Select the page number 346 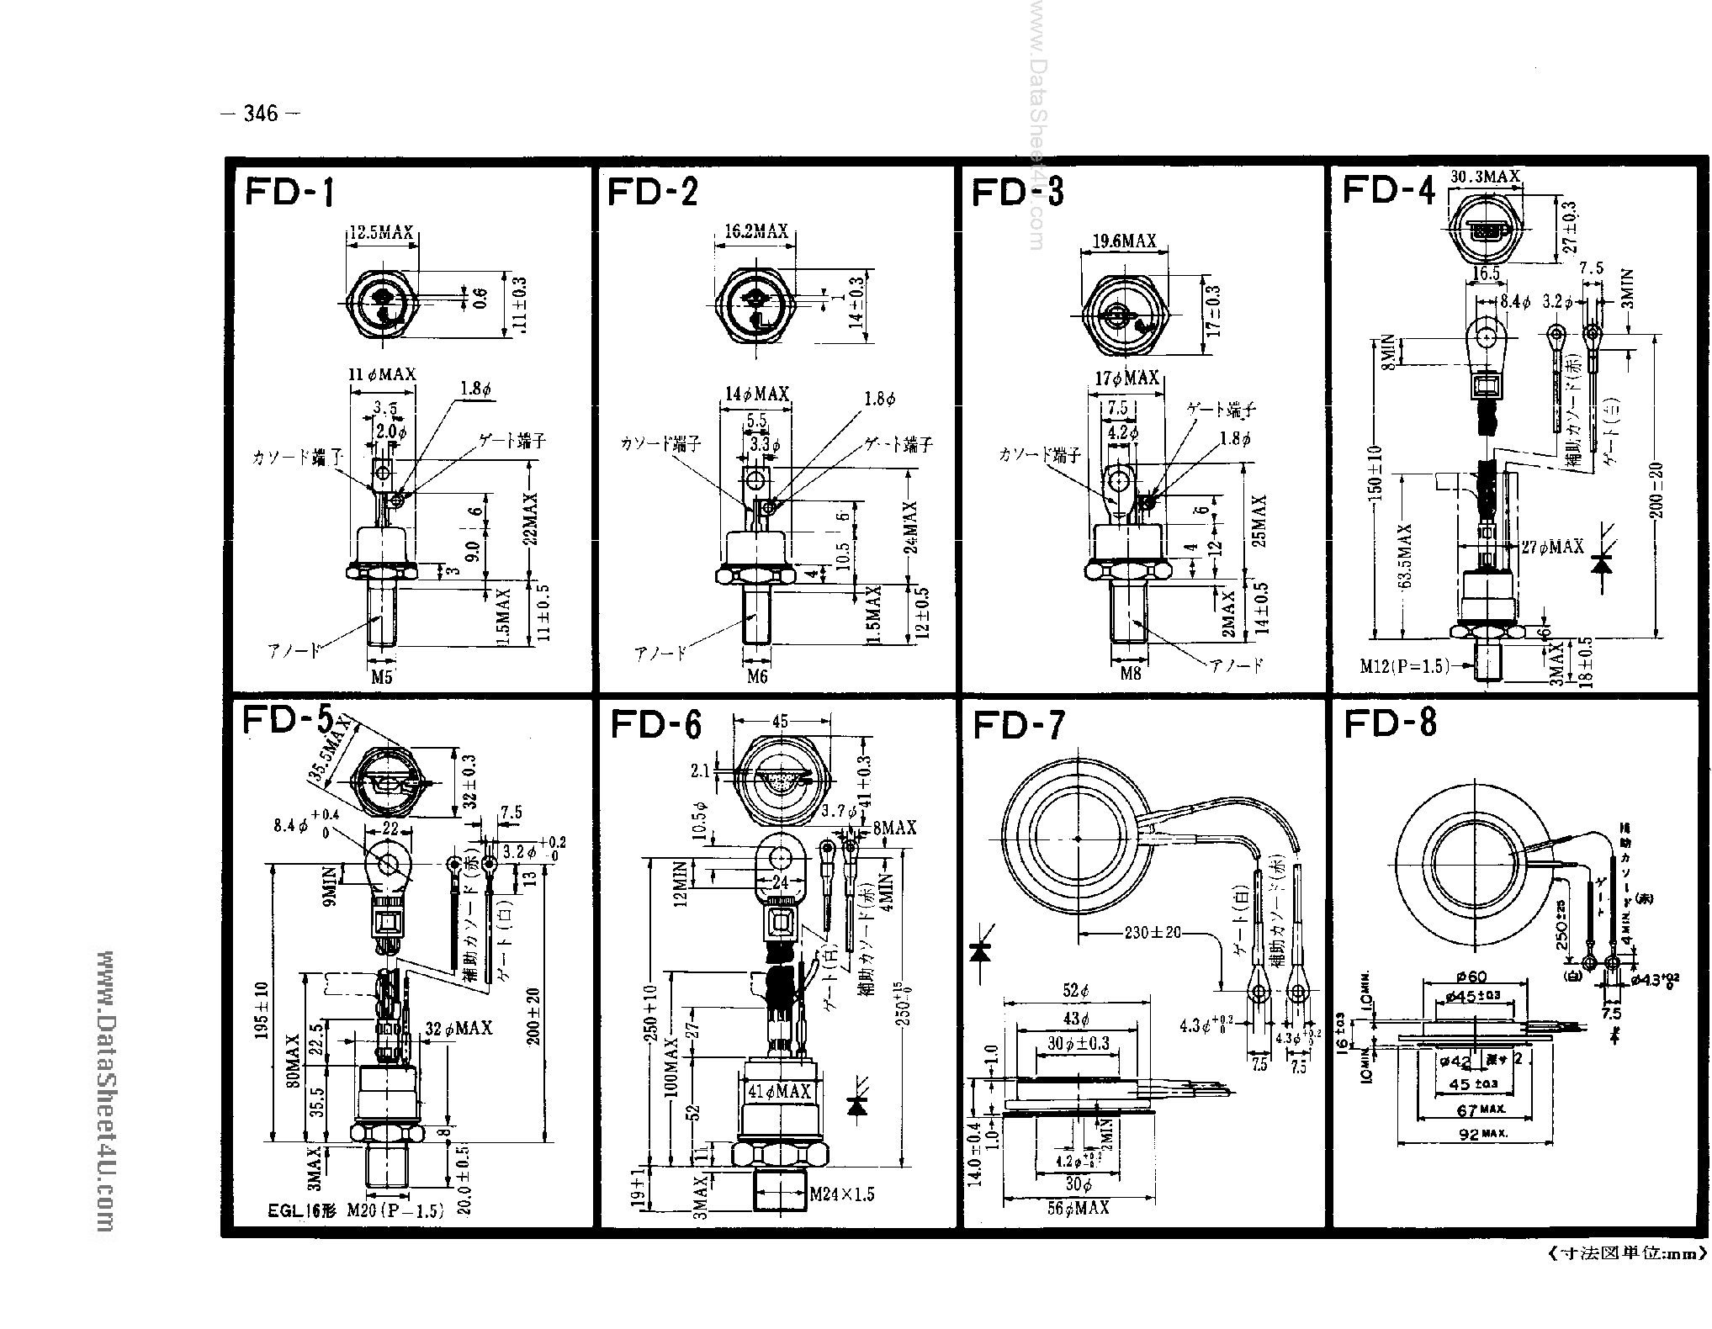(260, 114)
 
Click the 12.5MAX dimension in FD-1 (381, 233)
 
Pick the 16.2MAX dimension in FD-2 (756, 231)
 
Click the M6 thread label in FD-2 (757, 676)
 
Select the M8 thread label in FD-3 (1131, 674)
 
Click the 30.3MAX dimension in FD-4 (1487, 176)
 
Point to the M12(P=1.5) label (1406, 666)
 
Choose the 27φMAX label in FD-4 (1553, 547)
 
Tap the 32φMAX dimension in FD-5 (458, 1029)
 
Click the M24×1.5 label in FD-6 (842, 1194)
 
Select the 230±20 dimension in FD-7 (1153, 932)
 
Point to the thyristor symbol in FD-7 (979, 952)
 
